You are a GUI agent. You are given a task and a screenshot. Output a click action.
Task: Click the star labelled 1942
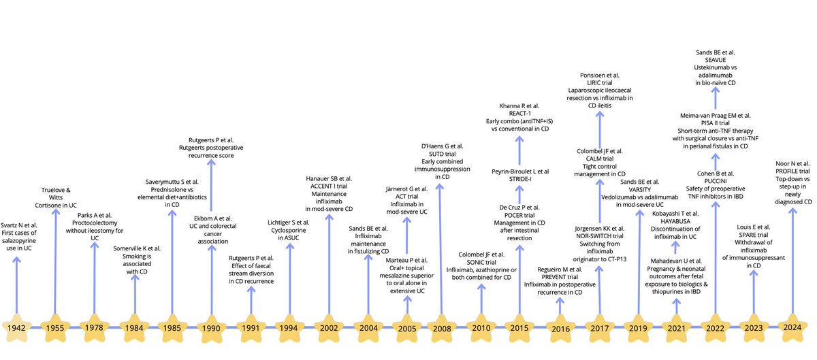[x=16, y=328]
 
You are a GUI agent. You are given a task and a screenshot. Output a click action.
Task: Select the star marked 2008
[x=442, y=328]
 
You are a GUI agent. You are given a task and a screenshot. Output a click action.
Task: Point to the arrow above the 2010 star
[x=481, y=296]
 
